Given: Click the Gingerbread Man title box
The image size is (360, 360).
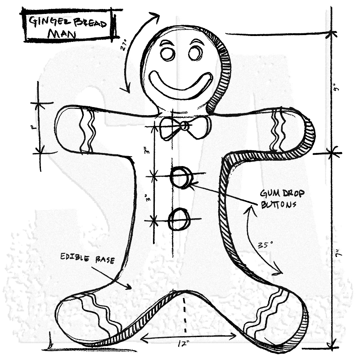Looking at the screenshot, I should pyautogui.click(x=66, y=27).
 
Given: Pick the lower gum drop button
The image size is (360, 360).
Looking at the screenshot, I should pyautogui.click(x=179, y=220).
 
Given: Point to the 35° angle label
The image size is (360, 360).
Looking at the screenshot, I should pyautogui.click(x=265, y=246).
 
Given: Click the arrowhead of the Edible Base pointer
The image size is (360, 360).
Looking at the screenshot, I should pyautogui.click(x=130, y=287).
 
